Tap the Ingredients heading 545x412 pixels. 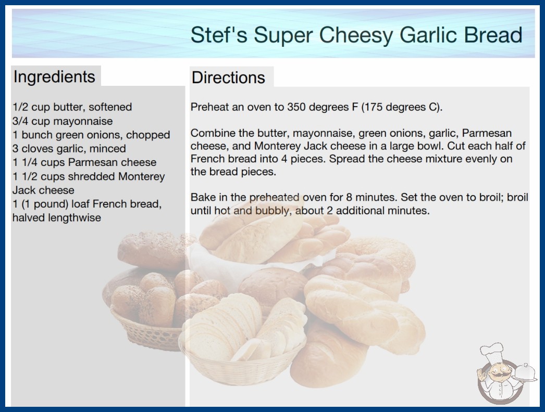click(54, 77)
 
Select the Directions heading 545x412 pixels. click(228, 78)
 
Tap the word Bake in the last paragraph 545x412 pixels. click(202, 198)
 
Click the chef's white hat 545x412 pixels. click(492, 352)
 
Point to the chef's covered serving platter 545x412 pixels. click(525, 373)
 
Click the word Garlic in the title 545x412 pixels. click(428, 35)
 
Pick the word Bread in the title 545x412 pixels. click(493, 35)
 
